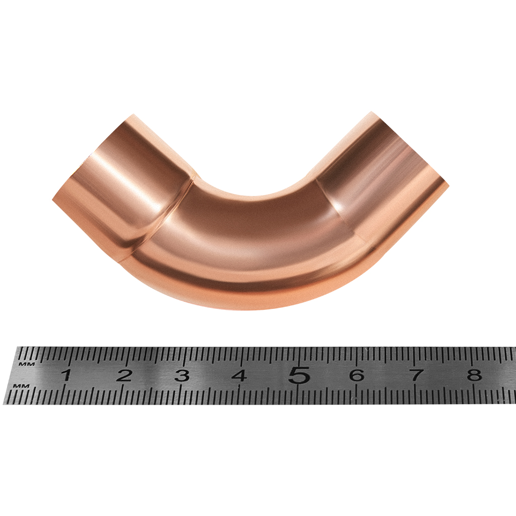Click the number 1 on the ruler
[67, 375]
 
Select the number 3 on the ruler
[182, 375]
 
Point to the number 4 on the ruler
[240, 375]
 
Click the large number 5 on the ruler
[299, 375]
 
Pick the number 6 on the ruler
[357, 375]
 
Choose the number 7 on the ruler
[415, 375]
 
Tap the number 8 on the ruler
[474, 375]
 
